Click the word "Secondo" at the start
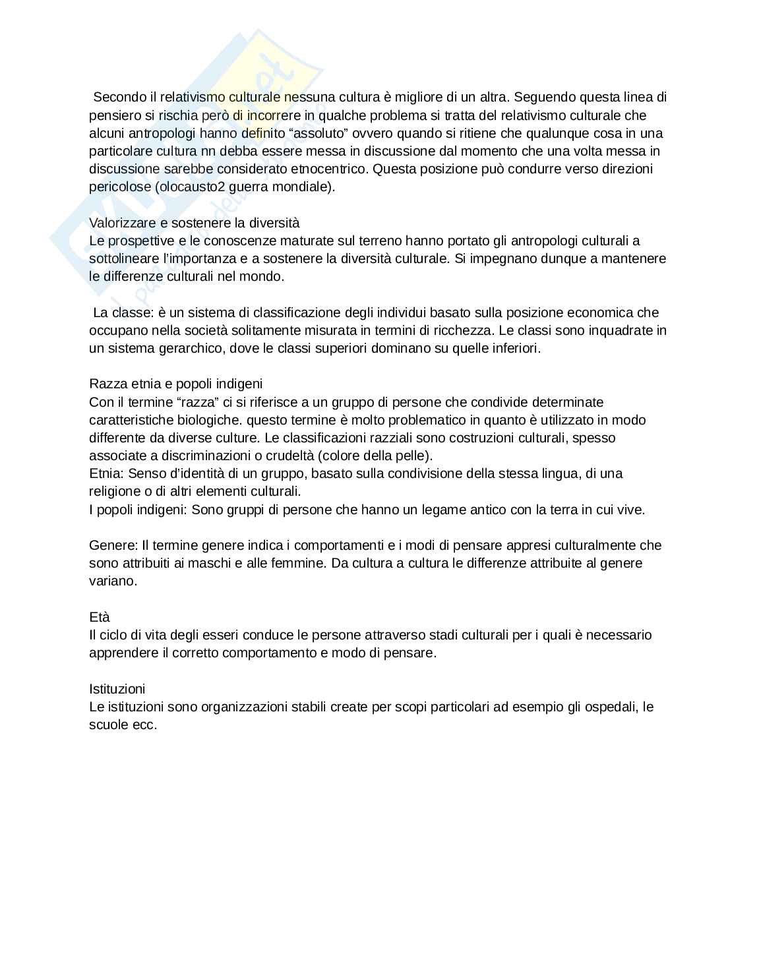tap(115, 98)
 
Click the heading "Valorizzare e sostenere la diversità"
tap(194, 223)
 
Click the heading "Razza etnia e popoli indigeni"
tap(175, 384)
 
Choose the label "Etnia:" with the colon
tap(106, 473)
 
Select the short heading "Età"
tap(99, 617)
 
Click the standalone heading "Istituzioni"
tap(117, 689)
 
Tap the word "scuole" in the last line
tap(108, 725)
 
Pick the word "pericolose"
tap(120, 187)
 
